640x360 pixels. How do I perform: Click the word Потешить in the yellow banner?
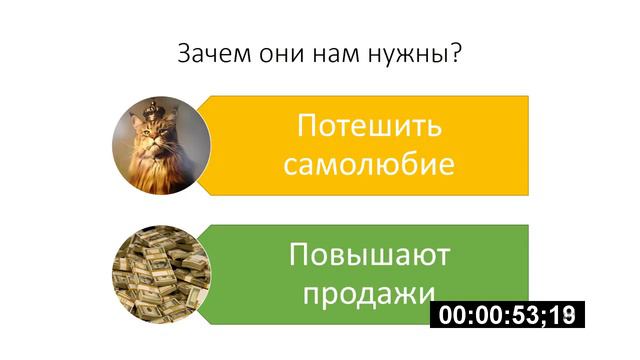[369, 127]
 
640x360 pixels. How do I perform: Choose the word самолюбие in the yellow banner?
[369, 164]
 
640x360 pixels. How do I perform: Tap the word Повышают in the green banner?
[369, 255]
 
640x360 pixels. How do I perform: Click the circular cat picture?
[160, 145]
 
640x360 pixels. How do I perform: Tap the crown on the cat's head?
[151, 108]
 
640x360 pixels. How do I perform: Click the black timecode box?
[507, 315]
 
